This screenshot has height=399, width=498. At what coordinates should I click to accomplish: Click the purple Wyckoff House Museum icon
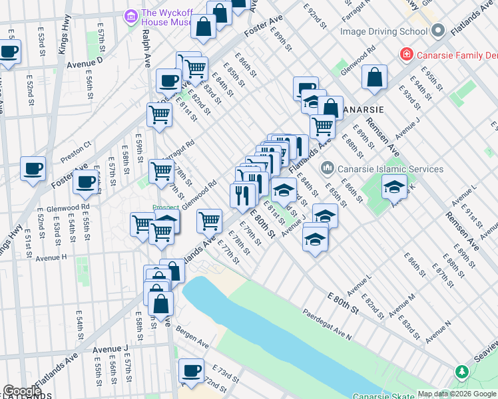(131, 15)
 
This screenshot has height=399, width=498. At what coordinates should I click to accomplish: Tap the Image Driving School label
(383, 31)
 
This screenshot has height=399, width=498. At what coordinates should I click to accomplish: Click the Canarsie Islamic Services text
(391, 169)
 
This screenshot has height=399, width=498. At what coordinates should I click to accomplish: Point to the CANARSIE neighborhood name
(364, 109)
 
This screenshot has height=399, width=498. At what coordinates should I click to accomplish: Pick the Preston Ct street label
(75, 155)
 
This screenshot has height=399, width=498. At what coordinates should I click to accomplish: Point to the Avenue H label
(51, 257)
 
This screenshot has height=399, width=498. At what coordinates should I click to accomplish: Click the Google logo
(22, 392)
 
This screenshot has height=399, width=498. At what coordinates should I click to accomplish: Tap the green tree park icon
(461, 371)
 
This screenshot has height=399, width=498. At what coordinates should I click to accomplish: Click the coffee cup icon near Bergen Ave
(192, 370)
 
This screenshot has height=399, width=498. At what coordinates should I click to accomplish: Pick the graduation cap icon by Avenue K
(394, 186)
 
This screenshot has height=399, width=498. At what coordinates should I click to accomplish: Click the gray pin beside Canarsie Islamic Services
(327, 169)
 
